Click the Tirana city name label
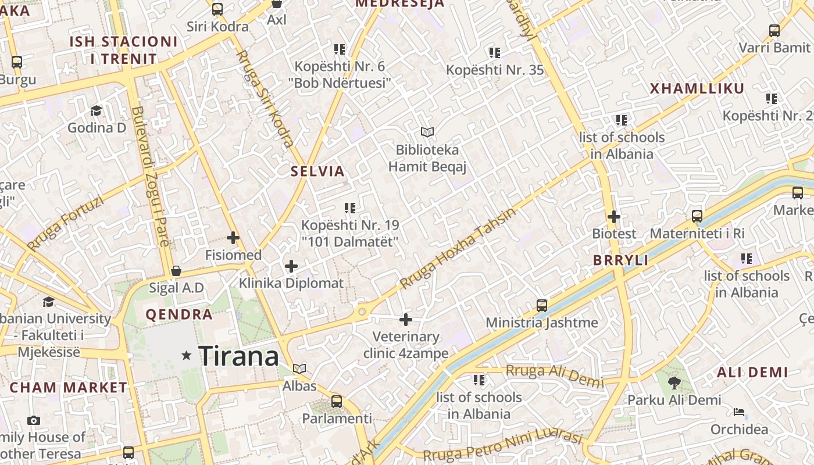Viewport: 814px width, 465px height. [238, 356]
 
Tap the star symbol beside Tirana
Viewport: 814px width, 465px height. [186, 355]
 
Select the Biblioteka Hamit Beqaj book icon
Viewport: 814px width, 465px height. [427, 133]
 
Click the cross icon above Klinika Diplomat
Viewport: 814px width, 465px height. [291, 266]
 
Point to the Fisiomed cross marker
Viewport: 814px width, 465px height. [233, 238]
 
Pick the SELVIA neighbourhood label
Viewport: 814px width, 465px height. [318, 171]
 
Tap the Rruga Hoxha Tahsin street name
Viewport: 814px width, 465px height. [458, 248]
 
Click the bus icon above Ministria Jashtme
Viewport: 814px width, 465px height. [541, 305]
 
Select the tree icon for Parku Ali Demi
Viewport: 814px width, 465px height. [674, 382]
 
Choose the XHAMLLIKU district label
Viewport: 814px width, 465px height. [697, 89]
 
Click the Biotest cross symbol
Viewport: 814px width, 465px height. [614, 217]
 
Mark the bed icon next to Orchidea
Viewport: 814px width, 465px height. [738, 412]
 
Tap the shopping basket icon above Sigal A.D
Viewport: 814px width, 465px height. [176, 271]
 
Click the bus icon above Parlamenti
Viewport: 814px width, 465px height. [336, 401]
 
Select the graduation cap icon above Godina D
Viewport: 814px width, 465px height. [96, 110]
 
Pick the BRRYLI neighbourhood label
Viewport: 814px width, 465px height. [620, 260]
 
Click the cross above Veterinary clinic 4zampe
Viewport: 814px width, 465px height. [406, 319]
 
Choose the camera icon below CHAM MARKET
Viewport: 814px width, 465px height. [34, 420]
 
